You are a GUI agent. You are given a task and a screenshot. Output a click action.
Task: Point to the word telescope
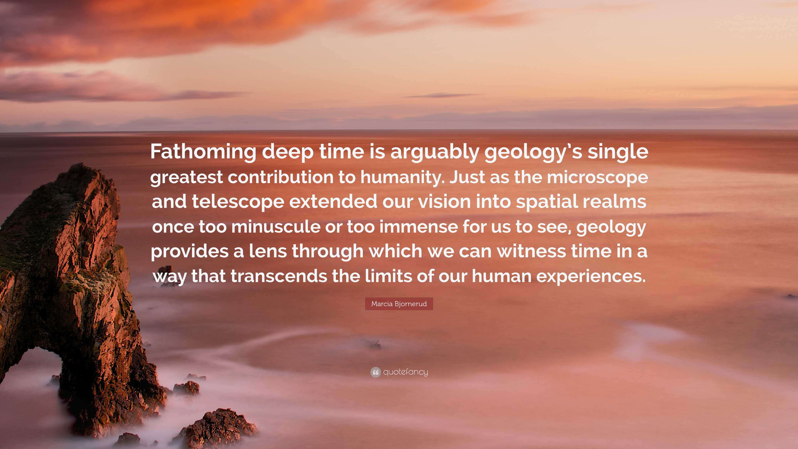coord(238,202)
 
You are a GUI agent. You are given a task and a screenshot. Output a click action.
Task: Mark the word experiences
coord(591,276)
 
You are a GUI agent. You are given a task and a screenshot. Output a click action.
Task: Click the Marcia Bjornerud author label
coord(399,304)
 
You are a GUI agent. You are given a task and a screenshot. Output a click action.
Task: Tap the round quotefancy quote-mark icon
coord(376,372)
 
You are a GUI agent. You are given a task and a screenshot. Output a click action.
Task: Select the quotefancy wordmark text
coord(405,372)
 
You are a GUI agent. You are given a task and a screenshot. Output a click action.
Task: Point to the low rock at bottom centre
coord(217,429)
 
